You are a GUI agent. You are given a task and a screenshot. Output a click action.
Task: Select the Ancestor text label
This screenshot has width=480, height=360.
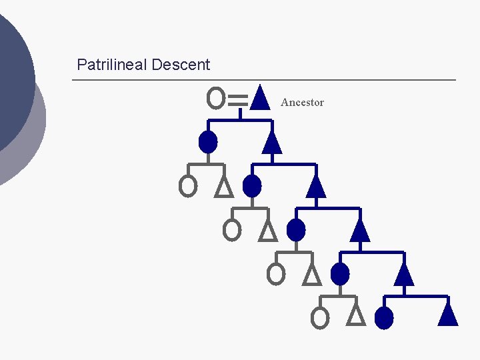point(302,103)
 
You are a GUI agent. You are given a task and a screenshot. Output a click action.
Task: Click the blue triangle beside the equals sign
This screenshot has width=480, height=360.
point(261,97)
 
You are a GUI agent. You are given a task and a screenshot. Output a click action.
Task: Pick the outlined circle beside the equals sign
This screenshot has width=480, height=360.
point(215,98)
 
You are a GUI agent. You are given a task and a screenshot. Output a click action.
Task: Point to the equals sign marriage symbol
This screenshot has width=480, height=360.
point(238,100)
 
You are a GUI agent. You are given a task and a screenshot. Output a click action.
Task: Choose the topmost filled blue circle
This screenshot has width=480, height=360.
point(208,142)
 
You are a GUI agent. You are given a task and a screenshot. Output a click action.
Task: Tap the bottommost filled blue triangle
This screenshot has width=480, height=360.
point(448,313)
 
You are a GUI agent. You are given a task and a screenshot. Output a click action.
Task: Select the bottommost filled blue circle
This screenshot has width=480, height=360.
point(384,318)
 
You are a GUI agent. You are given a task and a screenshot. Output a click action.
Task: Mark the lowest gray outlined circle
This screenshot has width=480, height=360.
point(320,318)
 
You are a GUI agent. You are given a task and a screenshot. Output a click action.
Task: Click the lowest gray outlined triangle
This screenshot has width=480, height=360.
point(357,315)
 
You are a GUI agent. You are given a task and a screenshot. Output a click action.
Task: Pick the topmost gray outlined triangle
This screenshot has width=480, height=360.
point(225,187)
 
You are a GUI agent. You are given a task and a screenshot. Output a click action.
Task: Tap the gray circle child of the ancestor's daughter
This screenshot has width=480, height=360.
point(188,186)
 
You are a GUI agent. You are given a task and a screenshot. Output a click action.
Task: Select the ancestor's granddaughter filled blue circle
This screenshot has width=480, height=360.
point(252,186)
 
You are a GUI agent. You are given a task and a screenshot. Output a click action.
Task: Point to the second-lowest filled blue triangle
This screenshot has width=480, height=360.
point(404,274)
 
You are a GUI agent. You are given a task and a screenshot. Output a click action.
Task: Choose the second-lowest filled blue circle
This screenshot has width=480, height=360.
point(340,274)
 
